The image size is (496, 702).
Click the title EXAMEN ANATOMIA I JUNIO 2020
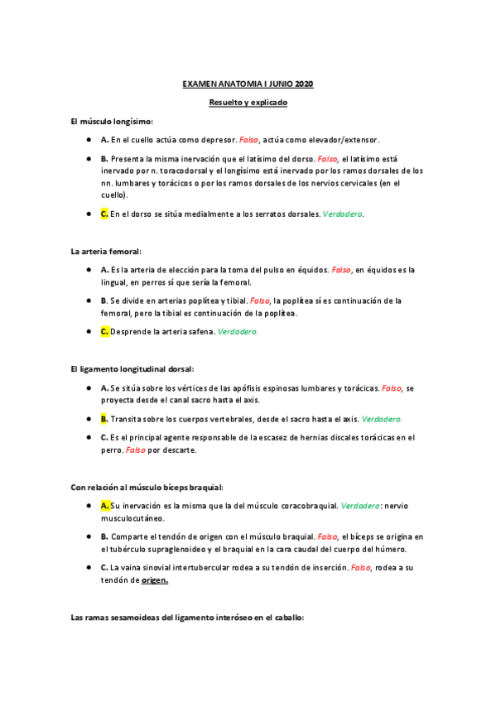pos(248,84)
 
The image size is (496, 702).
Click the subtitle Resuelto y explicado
pos(248,103)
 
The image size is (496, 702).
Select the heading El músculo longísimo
pos(112,122)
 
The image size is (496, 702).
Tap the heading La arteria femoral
pos(106,251)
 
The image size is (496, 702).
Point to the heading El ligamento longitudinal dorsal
pos(132,368)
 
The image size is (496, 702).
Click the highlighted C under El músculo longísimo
pos(104,214)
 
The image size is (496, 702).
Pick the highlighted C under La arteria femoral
pos(104,331)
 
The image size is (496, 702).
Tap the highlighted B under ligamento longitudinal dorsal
pos(104,419)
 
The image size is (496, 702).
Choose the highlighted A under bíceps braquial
pos(105,505)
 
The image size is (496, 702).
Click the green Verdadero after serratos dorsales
pos(341,214)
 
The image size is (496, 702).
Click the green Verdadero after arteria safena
pos(238,331)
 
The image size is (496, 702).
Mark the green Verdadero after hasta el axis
pos(382,419)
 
